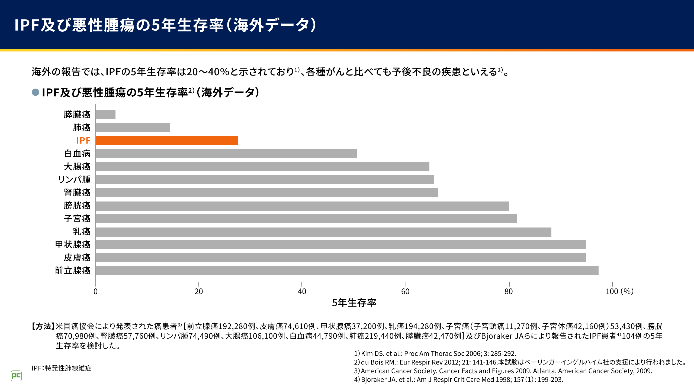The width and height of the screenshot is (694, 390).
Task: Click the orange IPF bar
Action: pos(167,141)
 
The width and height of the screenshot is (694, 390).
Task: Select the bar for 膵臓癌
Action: pos(105,115)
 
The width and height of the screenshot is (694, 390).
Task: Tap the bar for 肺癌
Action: pos(133,128)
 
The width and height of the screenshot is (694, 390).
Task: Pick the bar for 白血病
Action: pos(226,154)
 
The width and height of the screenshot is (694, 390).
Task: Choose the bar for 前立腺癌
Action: pos(347,271)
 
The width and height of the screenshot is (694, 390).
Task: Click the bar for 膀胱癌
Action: pos(302,206)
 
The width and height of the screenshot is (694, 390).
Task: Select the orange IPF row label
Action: pos(83,141)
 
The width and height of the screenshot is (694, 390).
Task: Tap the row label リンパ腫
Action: pos(74,180)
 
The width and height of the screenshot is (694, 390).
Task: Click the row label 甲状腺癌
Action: pos(73,245)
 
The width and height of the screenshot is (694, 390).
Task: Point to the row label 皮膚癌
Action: pos(77,258)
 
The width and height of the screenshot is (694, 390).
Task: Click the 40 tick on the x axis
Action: pos(302,291)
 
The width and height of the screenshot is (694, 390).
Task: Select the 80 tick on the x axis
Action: pos(509,291)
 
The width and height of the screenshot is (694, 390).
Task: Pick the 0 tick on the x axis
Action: pos(95,291)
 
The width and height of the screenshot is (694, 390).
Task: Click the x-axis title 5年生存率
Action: pos(354,303)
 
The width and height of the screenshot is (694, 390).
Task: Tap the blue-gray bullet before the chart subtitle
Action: pos(36,92)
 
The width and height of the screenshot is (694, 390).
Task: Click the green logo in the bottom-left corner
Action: pos(16,376)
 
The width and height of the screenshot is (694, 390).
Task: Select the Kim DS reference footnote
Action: pos(435,353)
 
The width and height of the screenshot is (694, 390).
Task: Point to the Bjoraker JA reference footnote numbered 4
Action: pos(458,379)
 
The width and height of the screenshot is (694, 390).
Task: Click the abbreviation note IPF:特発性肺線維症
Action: pos(62,368)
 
